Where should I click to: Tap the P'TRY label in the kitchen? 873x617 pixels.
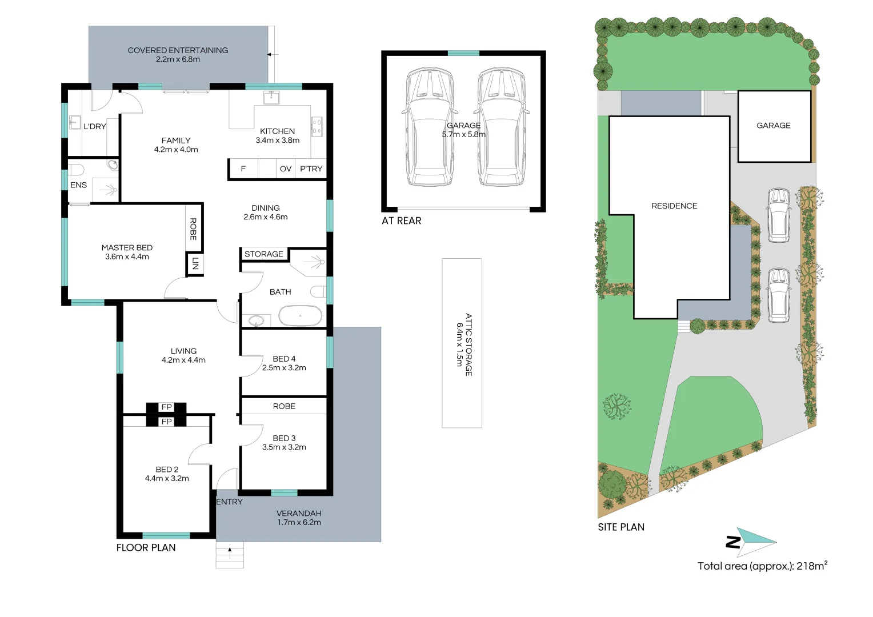[311, 169]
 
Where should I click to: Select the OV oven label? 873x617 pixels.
[286, 169]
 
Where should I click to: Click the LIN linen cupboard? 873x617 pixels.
[195, 264]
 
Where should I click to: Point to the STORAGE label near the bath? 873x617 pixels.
[264, 254]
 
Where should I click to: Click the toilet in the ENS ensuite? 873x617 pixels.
[77, 170]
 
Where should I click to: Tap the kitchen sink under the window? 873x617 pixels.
[271, 98]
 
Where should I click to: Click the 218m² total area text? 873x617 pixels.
[812, 566]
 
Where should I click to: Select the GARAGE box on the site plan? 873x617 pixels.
[774, 126]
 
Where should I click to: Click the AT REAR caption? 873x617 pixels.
[402, 221]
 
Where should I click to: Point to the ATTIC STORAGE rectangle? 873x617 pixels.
[462, 343]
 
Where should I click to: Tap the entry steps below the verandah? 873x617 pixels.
[230, 555]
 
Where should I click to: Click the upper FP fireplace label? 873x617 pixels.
[166, 407]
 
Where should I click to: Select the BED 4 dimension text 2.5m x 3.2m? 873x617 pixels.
[284, 367]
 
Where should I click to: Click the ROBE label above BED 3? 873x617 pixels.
[284, 406]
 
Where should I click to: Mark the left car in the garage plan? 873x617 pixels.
[430, 127]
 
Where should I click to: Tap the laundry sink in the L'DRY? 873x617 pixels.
[74, 122]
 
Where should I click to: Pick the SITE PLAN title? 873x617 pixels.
[621, 527]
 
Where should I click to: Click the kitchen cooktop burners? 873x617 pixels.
[317, 127]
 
